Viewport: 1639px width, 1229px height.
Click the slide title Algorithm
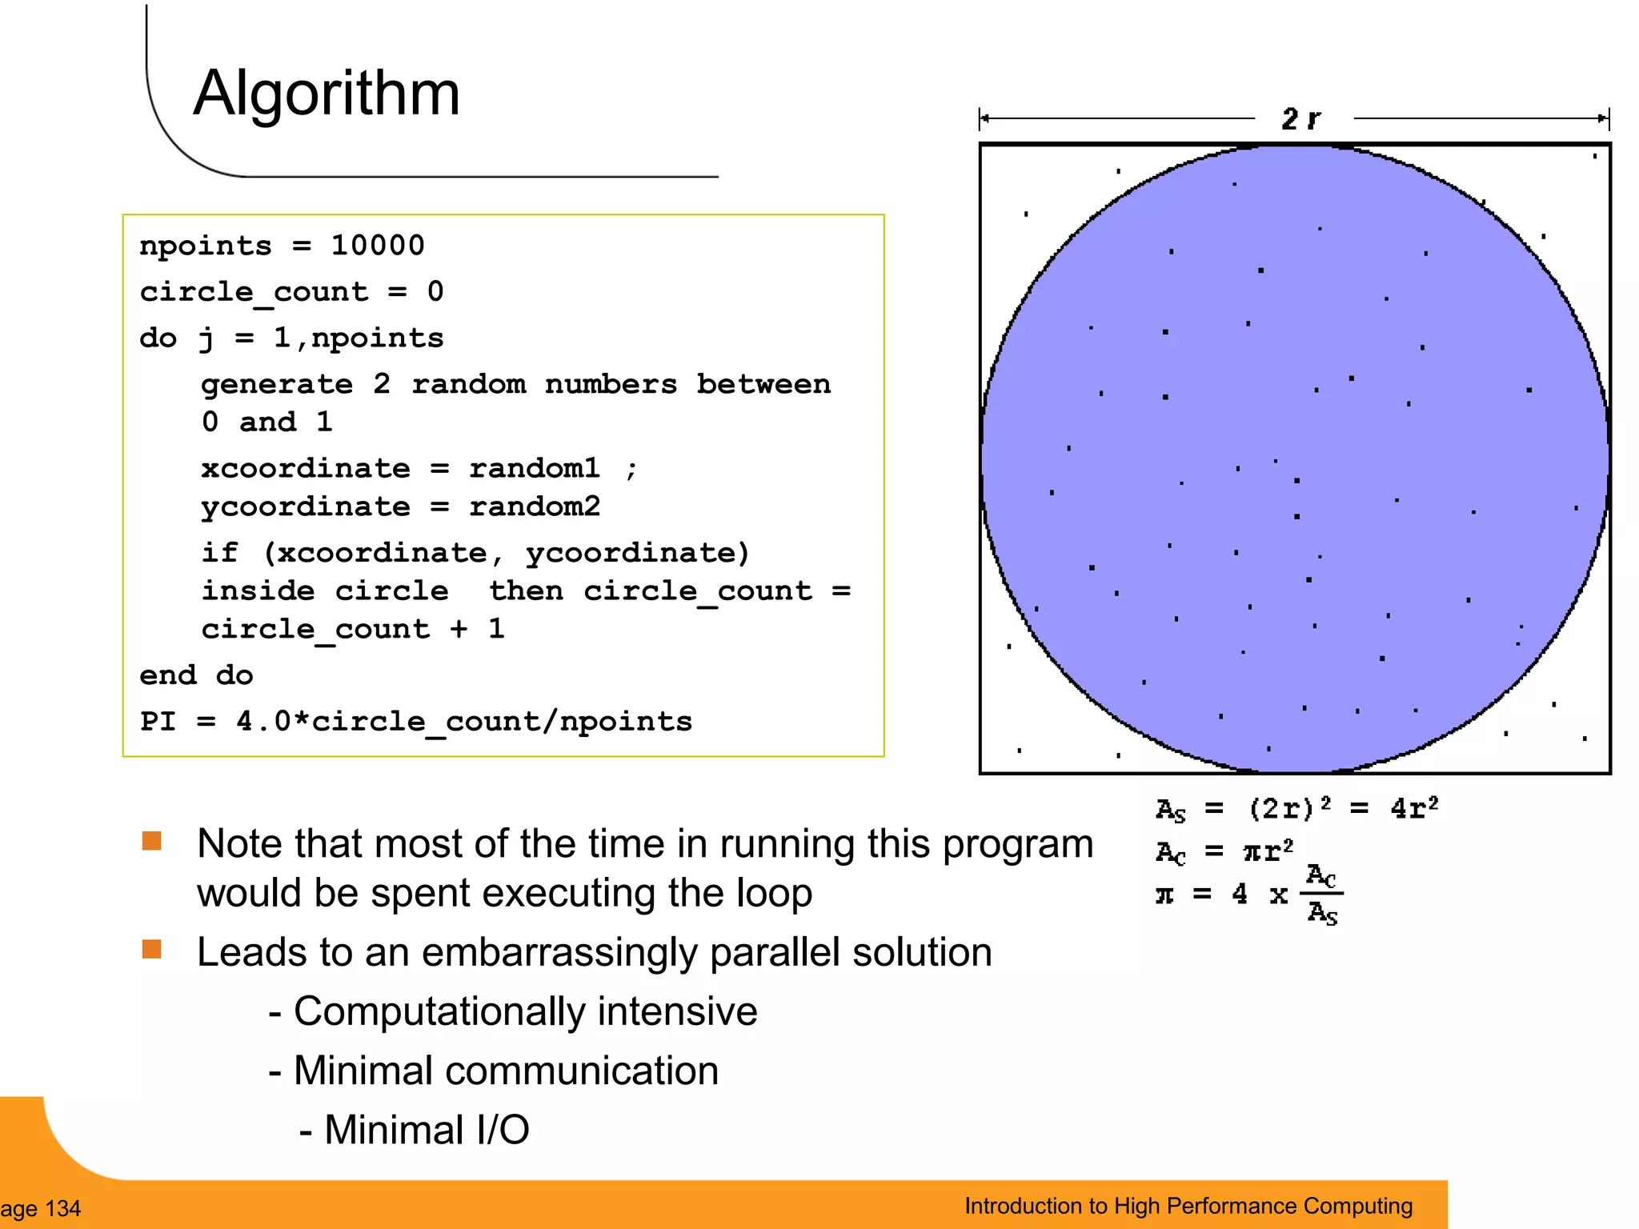[327, 94]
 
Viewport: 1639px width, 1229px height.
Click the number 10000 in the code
[377, 246]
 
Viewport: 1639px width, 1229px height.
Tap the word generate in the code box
[276, 385]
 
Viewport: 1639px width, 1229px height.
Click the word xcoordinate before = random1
[305, 468]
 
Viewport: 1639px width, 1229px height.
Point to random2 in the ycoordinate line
[534, 506]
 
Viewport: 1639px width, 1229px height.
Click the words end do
[196, 675]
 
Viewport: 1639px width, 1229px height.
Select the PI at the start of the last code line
[158, 722]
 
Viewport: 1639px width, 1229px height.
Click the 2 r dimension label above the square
[1301, 119]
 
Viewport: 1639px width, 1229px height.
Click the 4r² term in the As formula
[1414, 808]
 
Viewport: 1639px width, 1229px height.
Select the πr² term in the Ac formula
[1268, 851]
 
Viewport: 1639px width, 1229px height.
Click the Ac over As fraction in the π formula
[1321, 895]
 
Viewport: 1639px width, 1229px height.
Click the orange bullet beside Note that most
[152, 841]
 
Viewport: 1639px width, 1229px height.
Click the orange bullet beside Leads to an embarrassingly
[152, 949]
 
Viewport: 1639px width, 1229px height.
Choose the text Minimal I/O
[426, 1130]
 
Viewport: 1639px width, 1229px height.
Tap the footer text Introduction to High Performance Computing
[1188, 1206]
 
